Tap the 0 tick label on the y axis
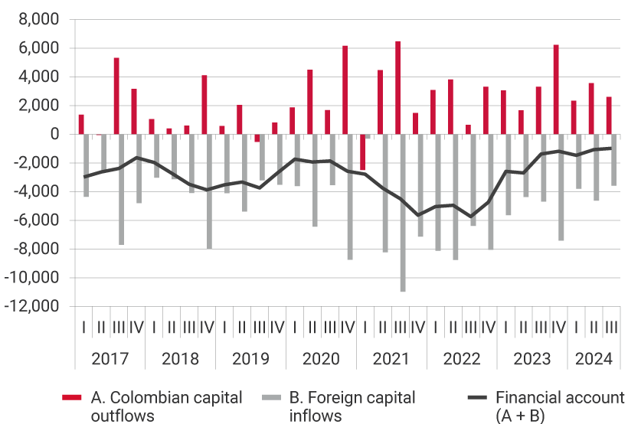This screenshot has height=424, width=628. coord(55,134)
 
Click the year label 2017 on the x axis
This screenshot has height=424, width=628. coord(110,359)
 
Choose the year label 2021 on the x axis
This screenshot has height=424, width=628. coord(391,359)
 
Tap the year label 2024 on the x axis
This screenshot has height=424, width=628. coord(594,359)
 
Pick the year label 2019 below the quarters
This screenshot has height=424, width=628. coord(250,359)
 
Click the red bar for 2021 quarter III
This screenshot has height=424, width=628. coord(397,88)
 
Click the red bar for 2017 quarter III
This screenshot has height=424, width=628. coord(116,96)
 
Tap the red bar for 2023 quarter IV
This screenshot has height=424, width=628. coord(556,90)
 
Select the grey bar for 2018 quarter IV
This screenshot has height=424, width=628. coord(209,191)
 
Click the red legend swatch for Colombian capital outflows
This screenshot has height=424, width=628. coord(71,398)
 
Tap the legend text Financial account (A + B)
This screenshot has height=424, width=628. coord(560,406)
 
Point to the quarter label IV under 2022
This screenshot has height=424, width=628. coord(487,327)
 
